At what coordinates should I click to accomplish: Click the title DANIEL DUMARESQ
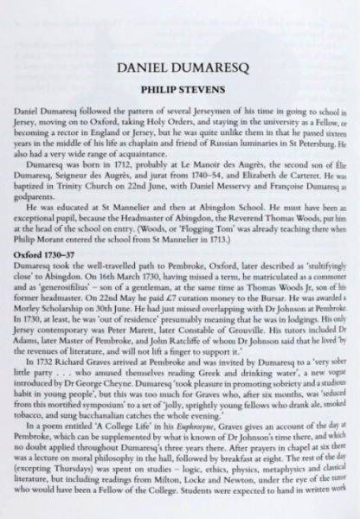pyautogui.click(x=179, y=67)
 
